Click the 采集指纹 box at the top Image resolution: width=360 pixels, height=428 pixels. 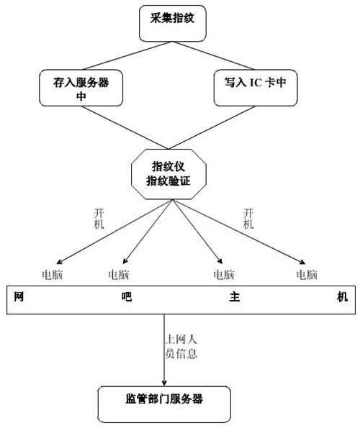172,24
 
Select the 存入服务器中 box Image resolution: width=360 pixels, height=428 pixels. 81,88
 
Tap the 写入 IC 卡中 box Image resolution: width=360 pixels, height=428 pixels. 256,88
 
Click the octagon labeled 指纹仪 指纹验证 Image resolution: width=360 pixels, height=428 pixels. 168,174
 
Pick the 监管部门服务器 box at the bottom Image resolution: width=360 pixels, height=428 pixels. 164,404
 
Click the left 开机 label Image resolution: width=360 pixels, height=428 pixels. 99,219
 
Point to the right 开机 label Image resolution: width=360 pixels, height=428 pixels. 248,219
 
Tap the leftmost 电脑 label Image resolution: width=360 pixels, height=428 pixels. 52,275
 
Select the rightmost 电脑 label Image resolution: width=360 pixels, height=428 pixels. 307,275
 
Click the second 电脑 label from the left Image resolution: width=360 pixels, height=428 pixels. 119,275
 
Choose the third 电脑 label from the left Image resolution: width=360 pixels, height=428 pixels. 224,275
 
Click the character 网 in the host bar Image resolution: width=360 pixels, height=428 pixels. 19,296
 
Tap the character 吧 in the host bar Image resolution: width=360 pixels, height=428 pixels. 127,296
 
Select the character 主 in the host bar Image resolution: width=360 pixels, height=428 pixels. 234,296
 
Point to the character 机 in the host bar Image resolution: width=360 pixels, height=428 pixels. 342,296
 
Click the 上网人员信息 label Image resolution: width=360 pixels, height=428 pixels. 181,347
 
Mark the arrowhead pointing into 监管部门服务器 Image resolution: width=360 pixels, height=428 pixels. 164,383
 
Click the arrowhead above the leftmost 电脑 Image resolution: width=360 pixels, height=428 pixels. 59,262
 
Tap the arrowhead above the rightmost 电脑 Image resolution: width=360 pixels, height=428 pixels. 302,262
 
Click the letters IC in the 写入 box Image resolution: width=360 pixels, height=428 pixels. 256,83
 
